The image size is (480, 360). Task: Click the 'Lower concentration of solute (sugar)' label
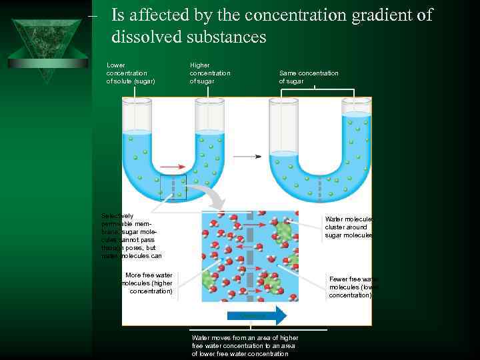pyautogui.click(x=131, y=73)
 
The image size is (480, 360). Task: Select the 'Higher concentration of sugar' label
pyautogui.click(x=210, y=73)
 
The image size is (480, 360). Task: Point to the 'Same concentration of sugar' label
pyautogui.click(x=309, y=77)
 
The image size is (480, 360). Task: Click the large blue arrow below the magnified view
pyautogui.click(x=257, y=315)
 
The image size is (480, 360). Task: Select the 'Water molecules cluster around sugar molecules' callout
pyautogui.click(x=349, y=227)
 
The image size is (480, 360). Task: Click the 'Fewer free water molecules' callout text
pyautogui.click(x=353, y=287)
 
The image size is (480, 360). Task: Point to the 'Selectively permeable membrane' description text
pyautogui.click(x=131, y=235)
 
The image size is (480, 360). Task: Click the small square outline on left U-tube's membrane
pyautogui.click(x=173, y=187)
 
